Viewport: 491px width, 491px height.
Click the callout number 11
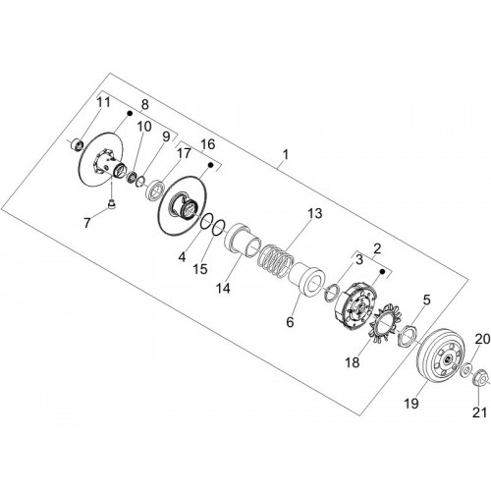click(103, 102)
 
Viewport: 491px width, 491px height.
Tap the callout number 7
click(86, 223)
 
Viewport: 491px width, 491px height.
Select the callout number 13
click(314, 213)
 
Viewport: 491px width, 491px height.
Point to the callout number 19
click(411, 404)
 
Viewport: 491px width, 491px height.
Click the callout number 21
click(479, 412)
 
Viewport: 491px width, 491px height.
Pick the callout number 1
click(286, 154)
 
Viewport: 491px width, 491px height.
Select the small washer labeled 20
click(465, 369)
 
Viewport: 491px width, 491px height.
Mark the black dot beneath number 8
click(130, 113)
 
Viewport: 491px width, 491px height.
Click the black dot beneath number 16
click(211, 165)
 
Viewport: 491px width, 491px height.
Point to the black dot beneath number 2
click(382, 272)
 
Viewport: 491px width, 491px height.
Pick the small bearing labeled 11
click(78, 144)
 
